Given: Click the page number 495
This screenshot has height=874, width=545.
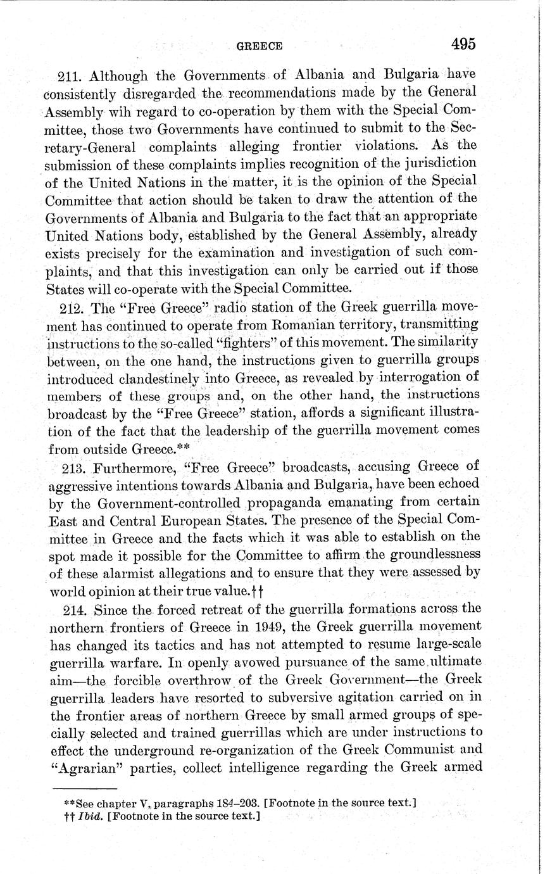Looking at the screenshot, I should click(463, 44).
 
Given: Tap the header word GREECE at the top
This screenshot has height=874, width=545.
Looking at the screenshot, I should click(259, 46).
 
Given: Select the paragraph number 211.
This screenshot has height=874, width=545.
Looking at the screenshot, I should click(70, 76).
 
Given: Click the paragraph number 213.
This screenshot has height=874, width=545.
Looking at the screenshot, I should click(71, 467).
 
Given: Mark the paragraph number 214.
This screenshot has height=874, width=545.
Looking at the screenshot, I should click(71, 609).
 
